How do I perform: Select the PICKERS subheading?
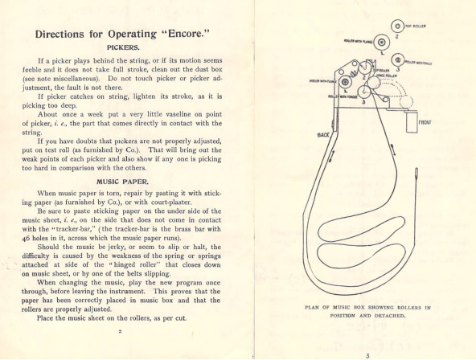point(123,47)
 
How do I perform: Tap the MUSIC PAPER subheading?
point(123,182)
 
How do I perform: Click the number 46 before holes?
point(26,238)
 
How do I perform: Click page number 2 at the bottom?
point(121,332)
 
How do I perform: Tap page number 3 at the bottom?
point(367,356)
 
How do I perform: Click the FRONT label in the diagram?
point(425,123)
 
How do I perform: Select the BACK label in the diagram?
point(323,135)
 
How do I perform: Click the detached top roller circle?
point(397,27)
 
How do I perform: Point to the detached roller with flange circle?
point(382,42)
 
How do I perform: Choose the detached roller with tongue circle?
point(398,60)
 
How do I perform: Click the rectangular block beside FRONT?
point(412,122)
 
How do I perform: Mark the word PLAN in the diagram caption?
point(311,308)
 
